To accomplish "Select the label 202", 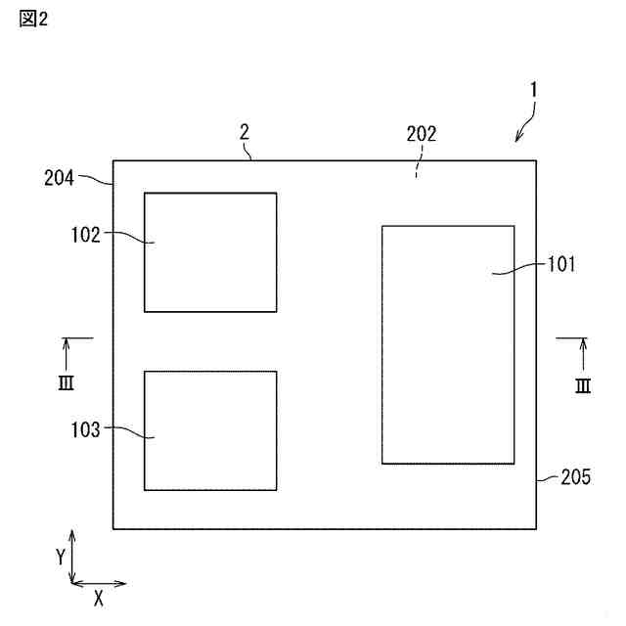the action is [422, 136].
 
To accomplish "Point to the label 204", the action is [60, 178].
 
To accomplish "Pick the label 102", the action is [85, 234].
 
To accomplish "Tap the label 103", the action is [85, 428].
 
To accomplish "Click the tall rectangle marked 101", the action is [447, 344].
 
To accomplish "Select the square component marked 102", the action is [210, 252].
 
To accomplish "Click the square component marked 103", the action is [210, 430].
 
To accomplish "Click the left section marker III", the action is [66, 381].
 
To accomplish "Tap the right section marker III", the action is [583, 384].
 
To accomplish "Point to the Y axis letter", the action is [61, 557].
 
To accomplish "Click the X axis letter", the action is [99, 595].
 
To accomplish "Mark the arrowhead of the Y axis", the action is [73, 535].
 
